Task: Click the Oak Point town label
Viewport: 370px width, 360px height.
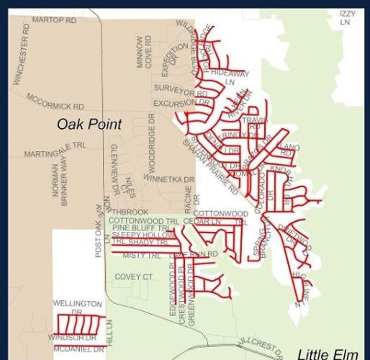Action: click(x=89, y=125)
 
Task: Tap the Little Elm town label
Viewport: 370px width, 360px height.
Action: click(x=328, y=354)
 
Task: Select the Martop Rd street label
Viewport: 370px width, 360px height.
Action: click(x=53, y=21)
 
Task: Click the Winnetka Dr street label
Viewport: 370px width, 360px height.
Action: click(x=168, y=178)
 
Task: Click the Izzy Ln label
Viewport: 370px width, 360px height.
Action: click(x=347, y=18)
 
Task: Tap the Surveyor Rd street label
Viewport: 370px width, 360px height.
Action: click(x=180, y=91)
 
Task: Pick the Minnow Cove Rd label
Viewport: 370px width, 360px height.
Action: click(x=144, y=53)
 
